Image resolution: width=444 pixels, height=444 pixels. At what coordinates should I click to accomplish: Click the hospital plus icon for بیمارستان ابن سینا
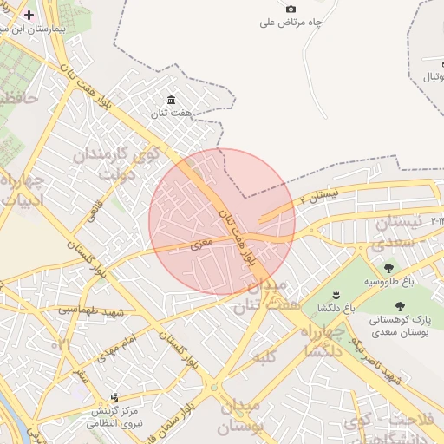[x=29, y=16]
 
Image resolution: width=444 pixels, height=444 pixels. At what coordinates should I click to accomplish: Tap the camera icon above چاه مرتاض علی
[x=291, y=9]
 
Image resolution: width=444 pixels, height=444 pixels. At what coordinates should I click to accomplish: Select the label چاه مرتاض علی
[x=291, y=23]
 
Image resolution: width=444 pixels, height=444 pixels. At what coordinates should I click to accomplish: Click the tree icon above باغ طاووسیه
[x=388, y=268]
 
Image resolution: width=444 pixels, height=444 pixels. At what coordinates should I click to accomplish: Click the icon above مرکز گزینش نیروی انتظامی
[x=114, y=397]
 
